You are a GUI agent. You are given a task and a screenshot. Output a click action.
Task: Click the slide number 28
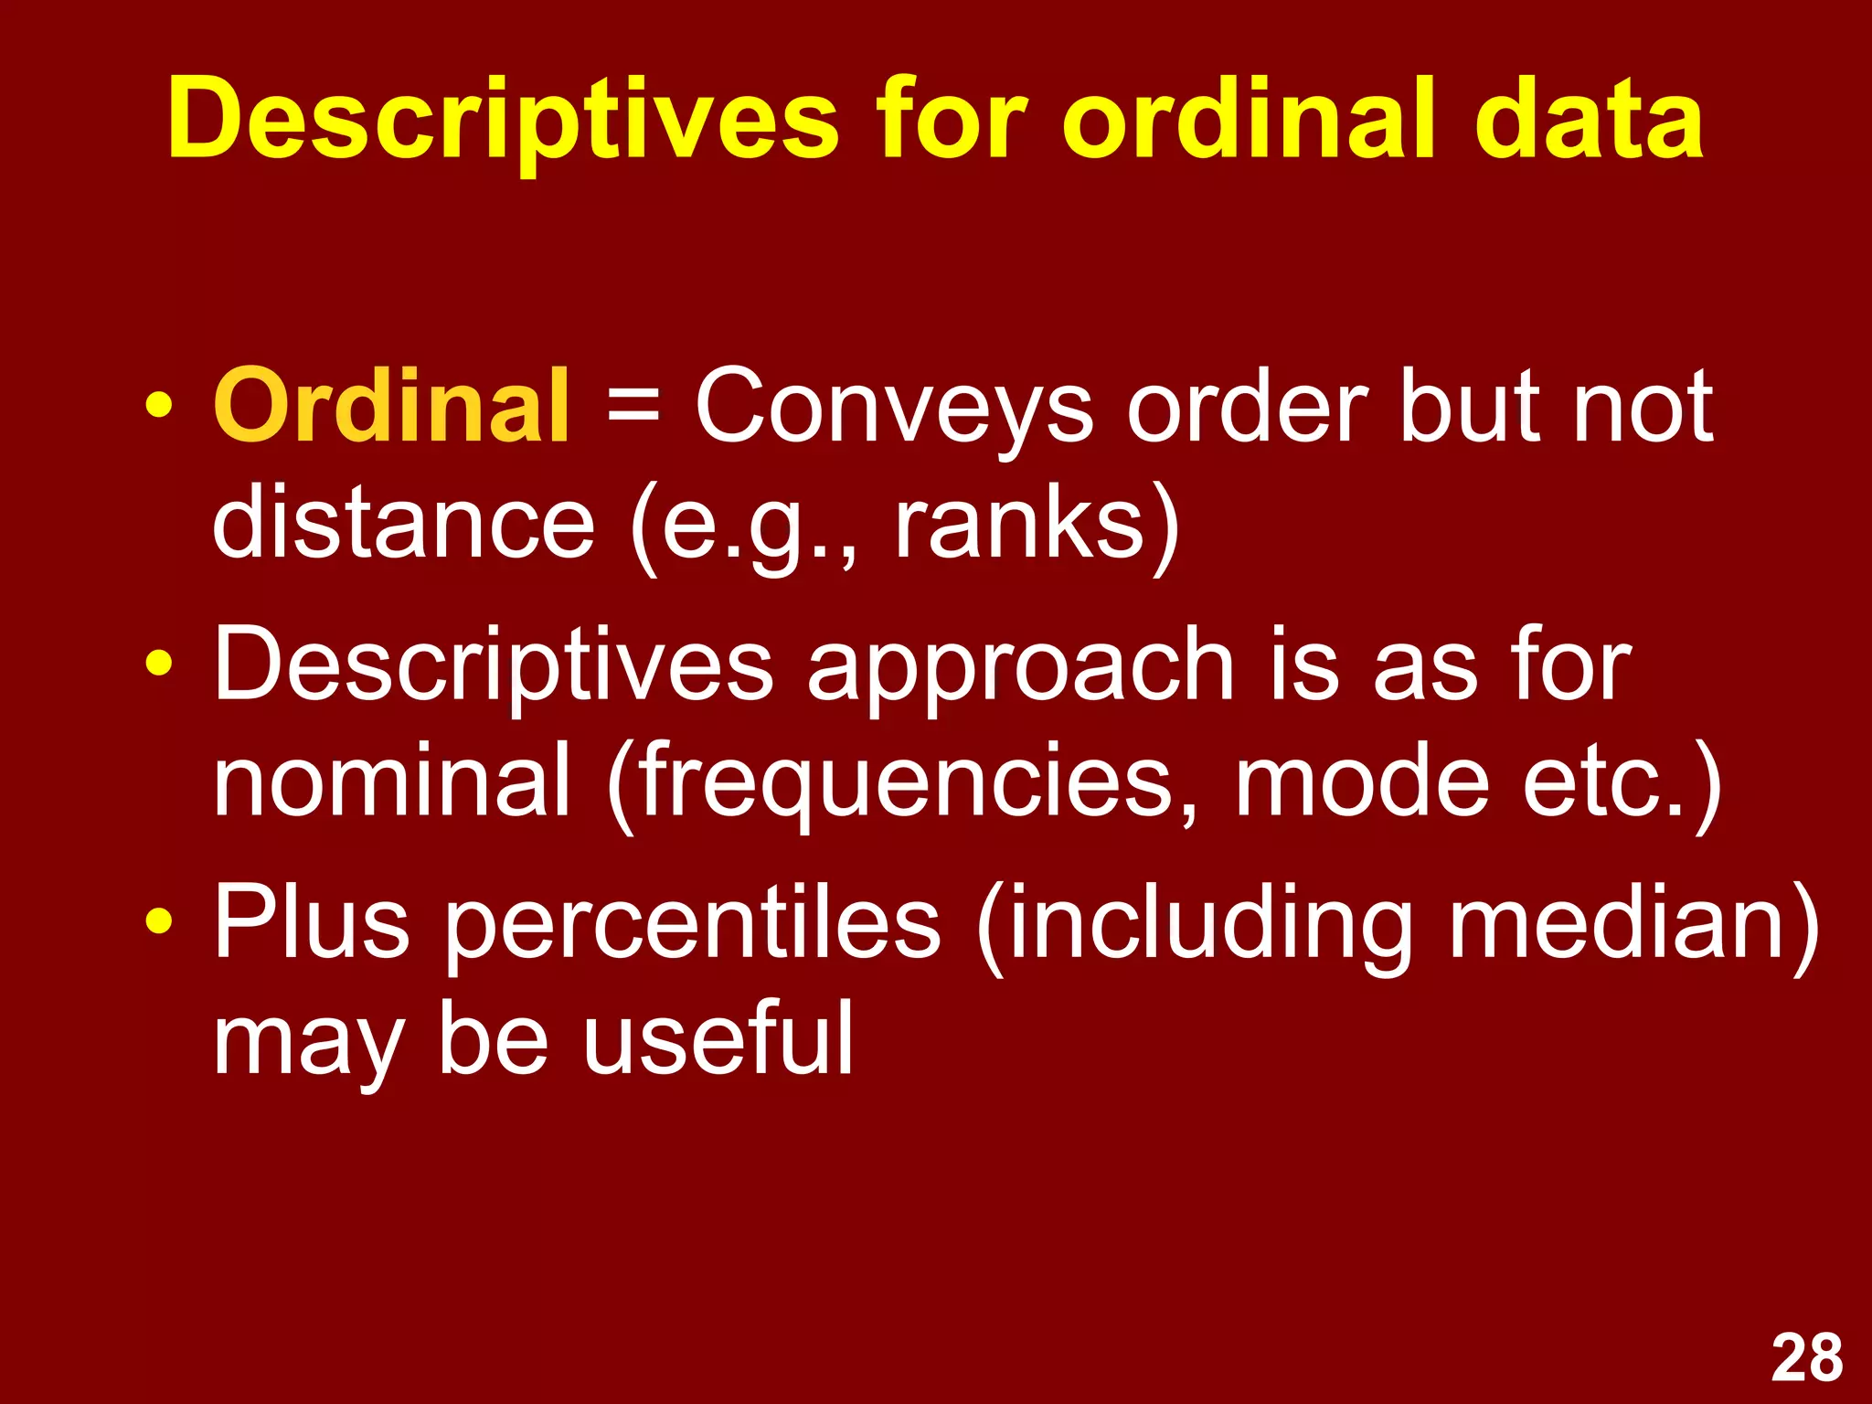pyautogui.click(x=1806, y=1358)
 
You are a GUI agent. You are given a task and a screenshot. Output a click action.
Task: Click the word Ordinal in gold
pyautogui.click(x=392, y=405)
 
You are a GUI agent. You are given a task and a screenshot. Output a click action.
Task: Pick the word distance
pyautogui.click(x=403, y=522)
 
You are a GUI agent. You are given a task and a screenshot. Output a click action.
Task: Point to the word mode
pyautogui.click(x=1362, y=782)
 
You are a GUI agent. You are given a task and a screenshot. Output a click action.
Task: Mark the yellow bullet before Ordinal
pyautogui.click(x=158, y=405)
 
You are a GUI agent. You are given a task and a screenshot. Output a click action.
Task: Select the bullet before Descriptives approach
pyautogui.click(x=158, y=663)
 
